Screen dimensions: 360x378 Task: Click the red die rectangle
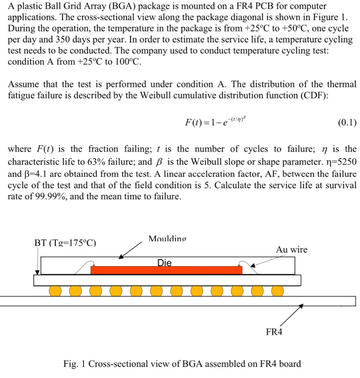[x=166, y=270]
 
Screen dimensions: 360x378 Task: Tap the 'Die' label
[x=165, y=263]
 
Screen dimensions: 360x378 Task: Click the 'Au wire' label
[x=291, y=250]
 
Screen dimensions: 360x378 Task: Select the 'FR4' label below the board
[x=274, y=332]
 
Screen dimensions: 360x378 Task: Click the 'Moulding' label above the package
[x=167, y=239]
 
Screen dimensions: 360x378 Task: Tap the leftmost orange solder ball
[x=55, y=291]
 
